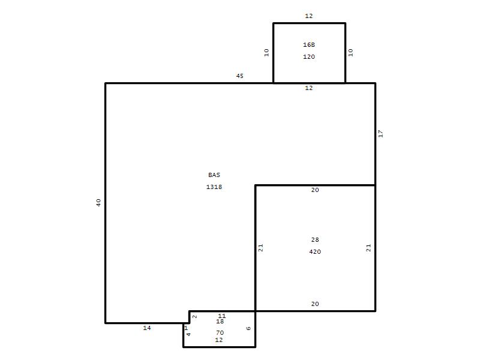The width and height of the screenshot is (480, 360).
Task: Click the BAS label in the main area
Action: (214, 175)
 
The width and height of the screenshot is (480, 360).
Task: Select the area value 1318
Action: (214, 187)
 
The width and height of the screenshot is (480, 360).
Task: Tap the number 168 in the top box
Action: (309, 44)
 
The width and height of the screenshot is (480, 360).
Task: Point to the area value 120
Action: (309, 56)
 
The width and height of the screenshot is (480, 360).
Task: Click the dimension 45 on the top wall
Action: (239, 76)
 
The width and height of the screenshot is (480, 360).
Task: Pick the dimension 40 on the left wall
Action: (98, 203)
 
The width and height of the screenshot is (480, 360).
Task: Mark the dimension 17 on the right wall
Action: (380, 133)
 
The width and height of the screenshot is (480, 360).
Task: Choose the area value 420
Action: (315, 251)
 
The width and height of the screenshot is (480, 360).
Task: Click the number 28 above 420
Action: (315, 239)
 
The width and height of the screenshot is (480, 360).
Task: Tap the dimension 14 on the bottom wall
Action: (147, 328)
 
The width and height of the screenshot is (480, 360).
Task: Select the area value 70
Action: (220, 333)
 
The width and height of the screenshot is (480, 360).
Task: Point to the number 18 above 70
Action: (220, 322)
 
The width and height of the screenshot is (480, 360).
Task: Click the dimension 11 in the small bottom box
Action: (222, 316)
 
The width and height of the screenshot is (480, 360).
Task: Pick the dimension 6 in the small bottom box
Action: (248, 328)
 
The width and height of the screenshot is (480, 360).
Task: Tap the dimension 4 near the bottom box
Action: (188, 334)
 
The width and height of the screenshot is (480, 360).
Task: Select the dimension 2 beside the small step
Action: (194, 317)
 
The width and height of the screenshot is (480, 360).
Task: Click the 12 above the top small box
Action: (309, 16)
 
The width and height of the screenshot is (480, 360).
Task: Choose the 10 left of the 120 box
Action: (266, 53)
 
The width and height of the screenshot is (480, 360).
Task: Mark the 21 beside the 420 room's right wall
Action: (368, 248)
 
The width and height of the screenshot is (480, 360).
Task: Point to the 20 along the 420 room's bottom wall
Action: (315, 304)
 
